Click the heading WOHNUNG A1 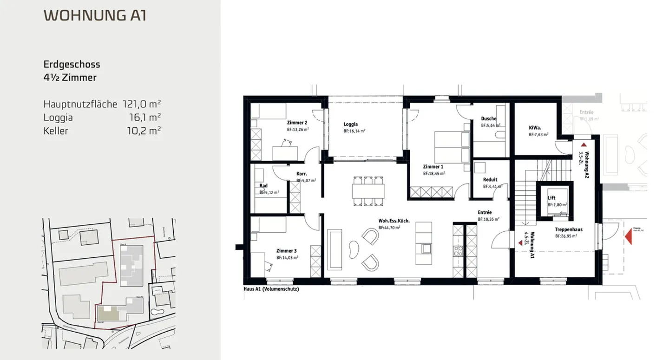click(x=95, y=15)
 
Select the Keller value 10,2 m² click(x=144, y=131)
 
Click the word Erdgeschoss click(x=72, y=65)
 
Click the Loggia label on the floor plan click(x=350, y=124)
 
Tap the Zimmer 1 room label click(x=433, y=166)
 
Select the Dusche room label click(x=489, y=118)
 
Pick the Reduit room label click(x=490, y=179)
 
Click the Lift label click(x=551, y=197)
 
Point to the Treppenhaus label click(x=569, y=229)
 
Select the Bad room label click(x=263, y=186)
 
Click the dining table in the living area click(x=368, y=190)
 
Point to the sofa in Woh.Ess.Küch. click(x=334, y=249)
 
